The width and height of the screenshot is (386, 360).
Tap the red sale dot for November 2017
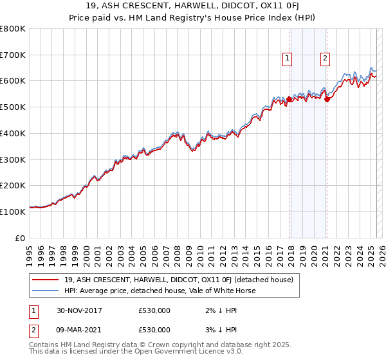(x=289, y=100)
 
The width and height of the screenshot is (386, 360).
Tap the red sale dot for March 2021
(x=327, y=99)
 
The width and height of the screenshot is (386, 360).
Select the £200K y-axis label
(x=13, y=185)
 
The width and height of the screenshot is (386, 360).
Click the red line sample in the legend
(x=44, y=280)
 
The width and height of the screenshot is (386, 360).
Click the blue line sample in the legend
(x=44, y=291)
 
